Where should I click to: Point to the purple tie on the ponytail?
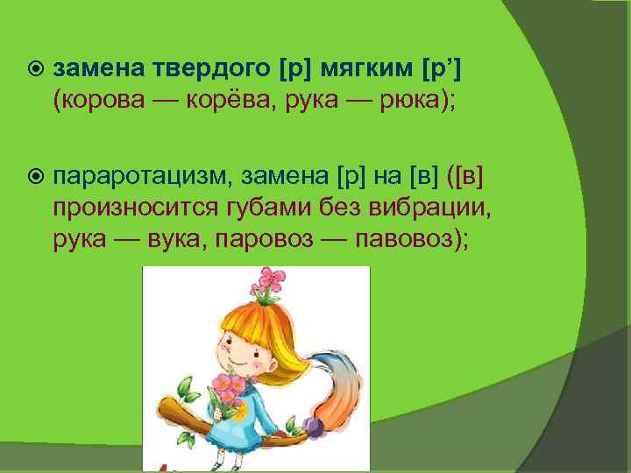(312, 427)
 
